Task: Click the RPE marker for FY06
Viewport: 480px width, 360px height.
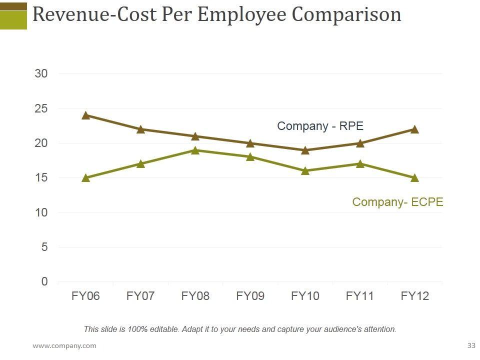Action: tap(85, 115)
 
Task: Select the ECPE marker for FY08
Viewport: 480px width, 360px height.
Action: tap(195, 150)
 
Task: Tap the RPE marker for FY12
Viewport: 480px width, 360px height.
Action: tap(414, 129)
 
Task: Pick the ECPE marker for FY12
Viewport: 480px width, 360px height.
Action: tap(414, 178)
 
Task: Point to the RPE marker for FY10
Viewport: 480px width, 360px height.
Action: tap(305, 150)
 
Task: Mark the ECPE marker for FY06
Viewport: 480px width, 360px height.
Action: tap(85, 178)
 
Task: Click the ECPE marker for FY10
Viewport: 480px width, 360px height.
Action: tap(305, 171)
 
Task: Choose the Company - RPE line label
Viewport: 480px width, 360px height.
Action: tap(320, 126)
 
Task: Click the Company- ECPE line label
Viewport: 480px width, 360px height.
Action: tap(397, 202)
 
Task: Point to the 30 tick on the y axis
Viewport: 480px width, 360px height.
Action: tap(41, 74)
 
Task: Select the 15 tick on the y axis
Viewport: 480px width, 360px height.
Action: tap(41, 178)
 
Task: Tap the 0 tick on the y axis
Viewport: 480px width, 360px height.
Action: tap(44, 282)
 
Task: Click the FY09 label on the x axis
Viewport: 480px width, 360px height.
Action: tap(250, 296)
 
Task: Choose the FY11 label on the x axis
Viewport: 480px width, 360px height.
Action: tap(360, 296)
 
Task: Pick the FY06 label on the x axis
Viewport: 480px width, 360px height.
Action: tap(85, 296)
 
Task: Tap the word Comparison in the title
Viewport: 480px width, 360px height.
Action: tap(346, 15)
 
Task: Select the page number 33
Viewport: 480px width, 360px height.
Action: tap(471, 345)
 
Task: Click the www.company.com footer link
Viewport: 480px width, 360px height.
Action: tap(64, 345)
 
